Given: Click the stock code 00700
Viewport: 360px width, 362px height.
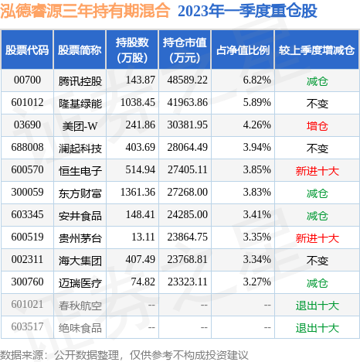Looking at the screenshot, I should [27, 80].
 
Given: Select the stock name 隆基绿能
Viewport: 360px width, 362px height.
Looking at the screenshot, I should [79, 102].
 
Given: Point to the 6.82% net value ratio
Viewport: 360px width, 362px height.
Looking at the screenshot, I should [256, 80].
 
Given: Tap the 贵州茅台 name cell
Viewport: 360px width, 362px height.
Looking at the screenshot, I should [79, 237].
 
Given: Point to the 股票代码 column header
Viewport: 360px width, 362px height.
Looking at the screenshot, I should [27, 50].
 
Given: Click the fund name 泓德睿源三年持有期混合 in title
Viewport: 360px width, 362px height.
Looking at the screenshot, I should [86, 12].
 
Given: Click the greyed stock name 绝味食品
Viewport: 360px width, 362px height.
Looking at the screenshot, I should [79, 327].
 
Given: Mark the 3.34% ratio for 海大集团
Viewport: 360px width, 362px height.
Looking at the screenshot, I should [256, 260].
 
